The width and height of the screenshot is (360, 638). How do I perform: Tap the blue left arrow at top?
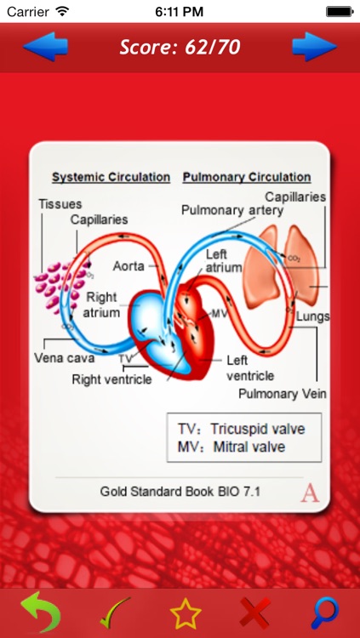tap(44, 47)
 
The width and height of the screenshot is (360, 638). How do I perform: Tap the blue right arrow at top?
tap(314, 47)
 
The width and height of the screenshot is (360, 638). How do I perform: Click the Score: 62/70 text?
tap(179, 48)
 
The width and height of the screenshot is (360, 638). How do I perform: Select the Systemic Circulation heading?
tap(111, 177)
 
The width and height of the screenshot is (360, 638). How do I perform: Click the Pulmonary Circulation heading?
tap(247, 177)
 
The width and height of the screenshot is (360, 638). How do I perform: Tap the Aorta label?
tap(129, 265)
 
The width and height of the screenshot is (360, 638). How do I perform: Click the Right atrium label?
tap(101, 305)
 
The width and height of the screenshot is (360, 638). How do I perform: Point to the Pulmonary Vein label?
tap(283, 394)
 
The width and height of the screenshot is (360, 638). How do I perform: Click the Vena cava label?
tap(64, 357)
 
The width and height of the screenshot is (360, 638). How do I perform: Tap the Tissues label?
tap(59, 204)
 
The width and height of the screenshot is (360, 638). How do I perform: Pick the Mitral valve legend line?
tap(231, 447)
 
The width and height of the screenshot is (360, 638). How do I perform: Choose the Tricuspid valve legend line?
tap(240, 429)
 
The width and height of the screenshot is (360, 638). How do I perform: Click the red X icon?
tap(251, 612)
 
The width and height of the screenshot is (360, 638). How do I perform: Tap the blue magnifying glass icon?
tap(324, 612)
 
